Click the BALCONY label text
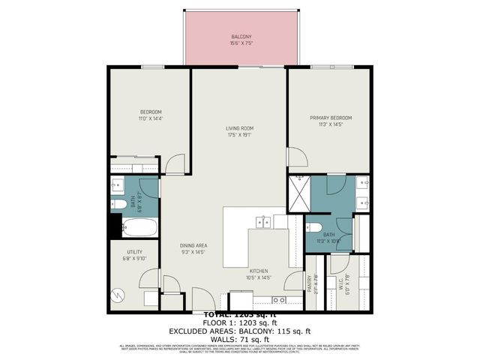(241, 37)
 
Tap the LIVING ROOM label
(240, 128)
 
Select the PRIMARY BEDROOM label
(331, 118)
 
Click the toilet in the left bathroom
(119, 203)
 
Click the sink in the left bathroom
(118, 185)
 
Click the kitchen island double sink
(263, 221)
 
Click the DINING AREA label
(193, 245)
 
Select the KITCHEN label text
(259, 271)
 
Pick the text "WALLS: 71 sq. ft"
(240, 338)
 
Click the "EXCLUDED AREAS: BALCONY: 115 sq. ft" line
(240, 329)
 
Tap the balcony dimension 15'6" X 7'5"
(241, 43)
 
